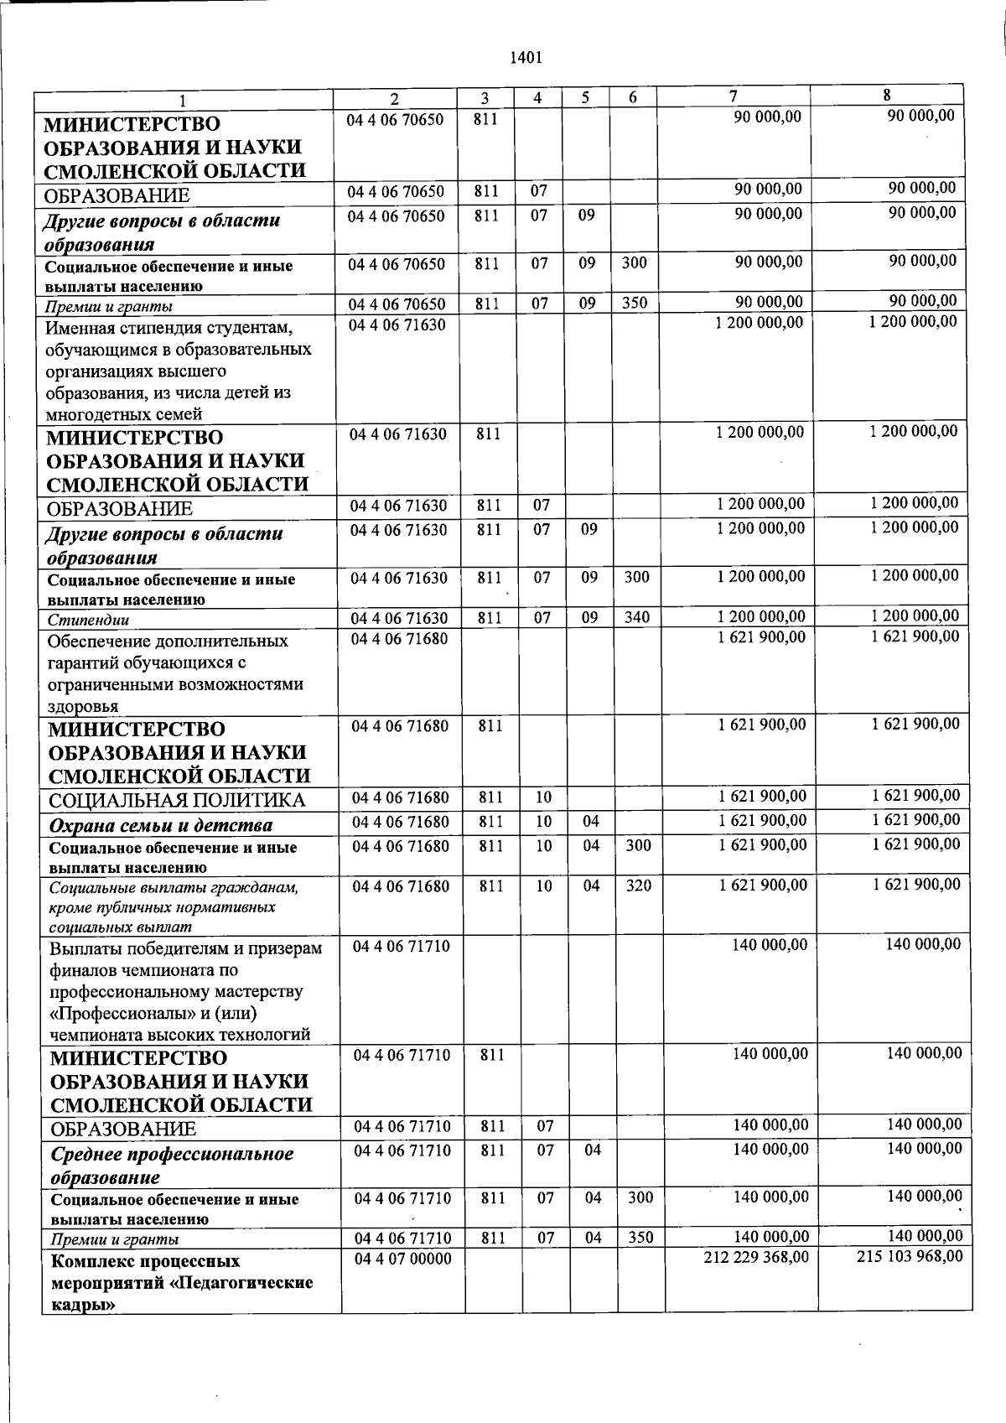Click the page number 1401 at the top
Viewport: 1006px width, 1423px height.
[526, 58]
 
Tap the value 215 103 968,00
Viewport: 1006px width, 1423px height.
[910, 1255]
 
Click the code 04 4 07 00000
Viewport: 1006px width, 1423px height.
[402, 1259]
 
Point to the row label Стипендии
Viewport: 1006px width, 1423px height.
[88, 621]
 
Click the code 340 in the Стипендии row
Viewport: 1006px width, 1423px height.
[636, 618]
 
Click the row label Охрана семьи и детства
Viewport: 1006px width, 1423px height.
[161, 825]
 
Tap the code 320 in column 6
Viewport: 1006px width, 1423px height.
[638, 885]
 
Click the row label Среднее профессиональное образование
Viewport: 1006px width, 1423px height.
[172, 1165]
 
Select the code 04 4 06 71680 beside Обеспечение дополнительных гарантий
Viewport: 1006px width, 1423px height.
[399, 639]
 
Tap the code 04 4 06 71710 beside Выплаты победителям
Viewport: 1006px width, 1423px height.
[402, 947]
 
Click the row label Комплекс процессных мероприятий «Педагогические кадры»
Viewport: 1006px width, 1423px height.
[181, 1282]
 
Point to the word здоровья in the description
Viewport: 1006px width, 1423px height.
[83, 705]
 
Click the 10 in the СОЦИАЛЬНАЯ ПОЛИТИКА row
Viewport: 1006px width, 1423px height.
[543, 797]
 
